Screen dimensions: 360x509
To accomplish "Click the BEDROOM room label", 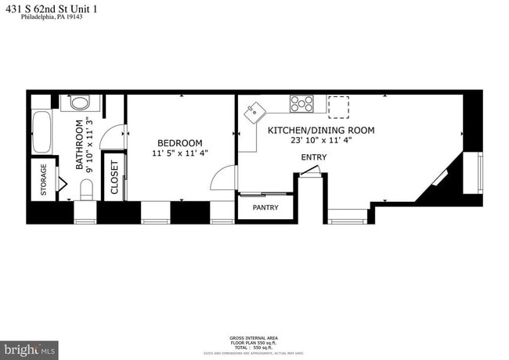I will tap(179, 142).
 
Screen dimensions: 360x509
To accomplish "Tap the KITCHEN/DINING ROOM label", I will tap(321, 130).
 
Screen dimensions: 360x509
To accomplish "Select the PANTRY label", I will tap(265, 208).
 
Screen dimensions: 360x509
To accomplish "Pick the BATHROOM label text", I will tap(79, 146).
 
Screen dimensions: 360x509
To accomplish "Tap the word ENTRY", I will tap(314, 157).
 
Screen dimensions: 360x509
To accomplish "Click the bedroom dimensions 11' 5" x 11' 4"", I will tap(179, 153).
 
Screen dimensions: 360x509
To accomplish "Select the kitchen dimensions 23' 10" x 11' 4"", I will tap(321, 141).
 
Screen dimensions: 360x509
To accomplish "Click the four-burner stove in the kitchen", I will tap(301, 102).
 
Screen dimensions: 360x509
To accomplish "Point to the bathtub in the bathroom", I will tap(41, 134).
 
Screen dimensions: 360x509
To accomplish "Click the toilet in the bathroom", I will tap(86, 189).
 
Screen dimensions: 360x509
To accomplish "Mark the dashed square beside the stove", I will tap(339, 105).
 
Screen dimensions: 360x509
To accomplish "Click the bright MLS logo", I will tap(31, 347).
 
